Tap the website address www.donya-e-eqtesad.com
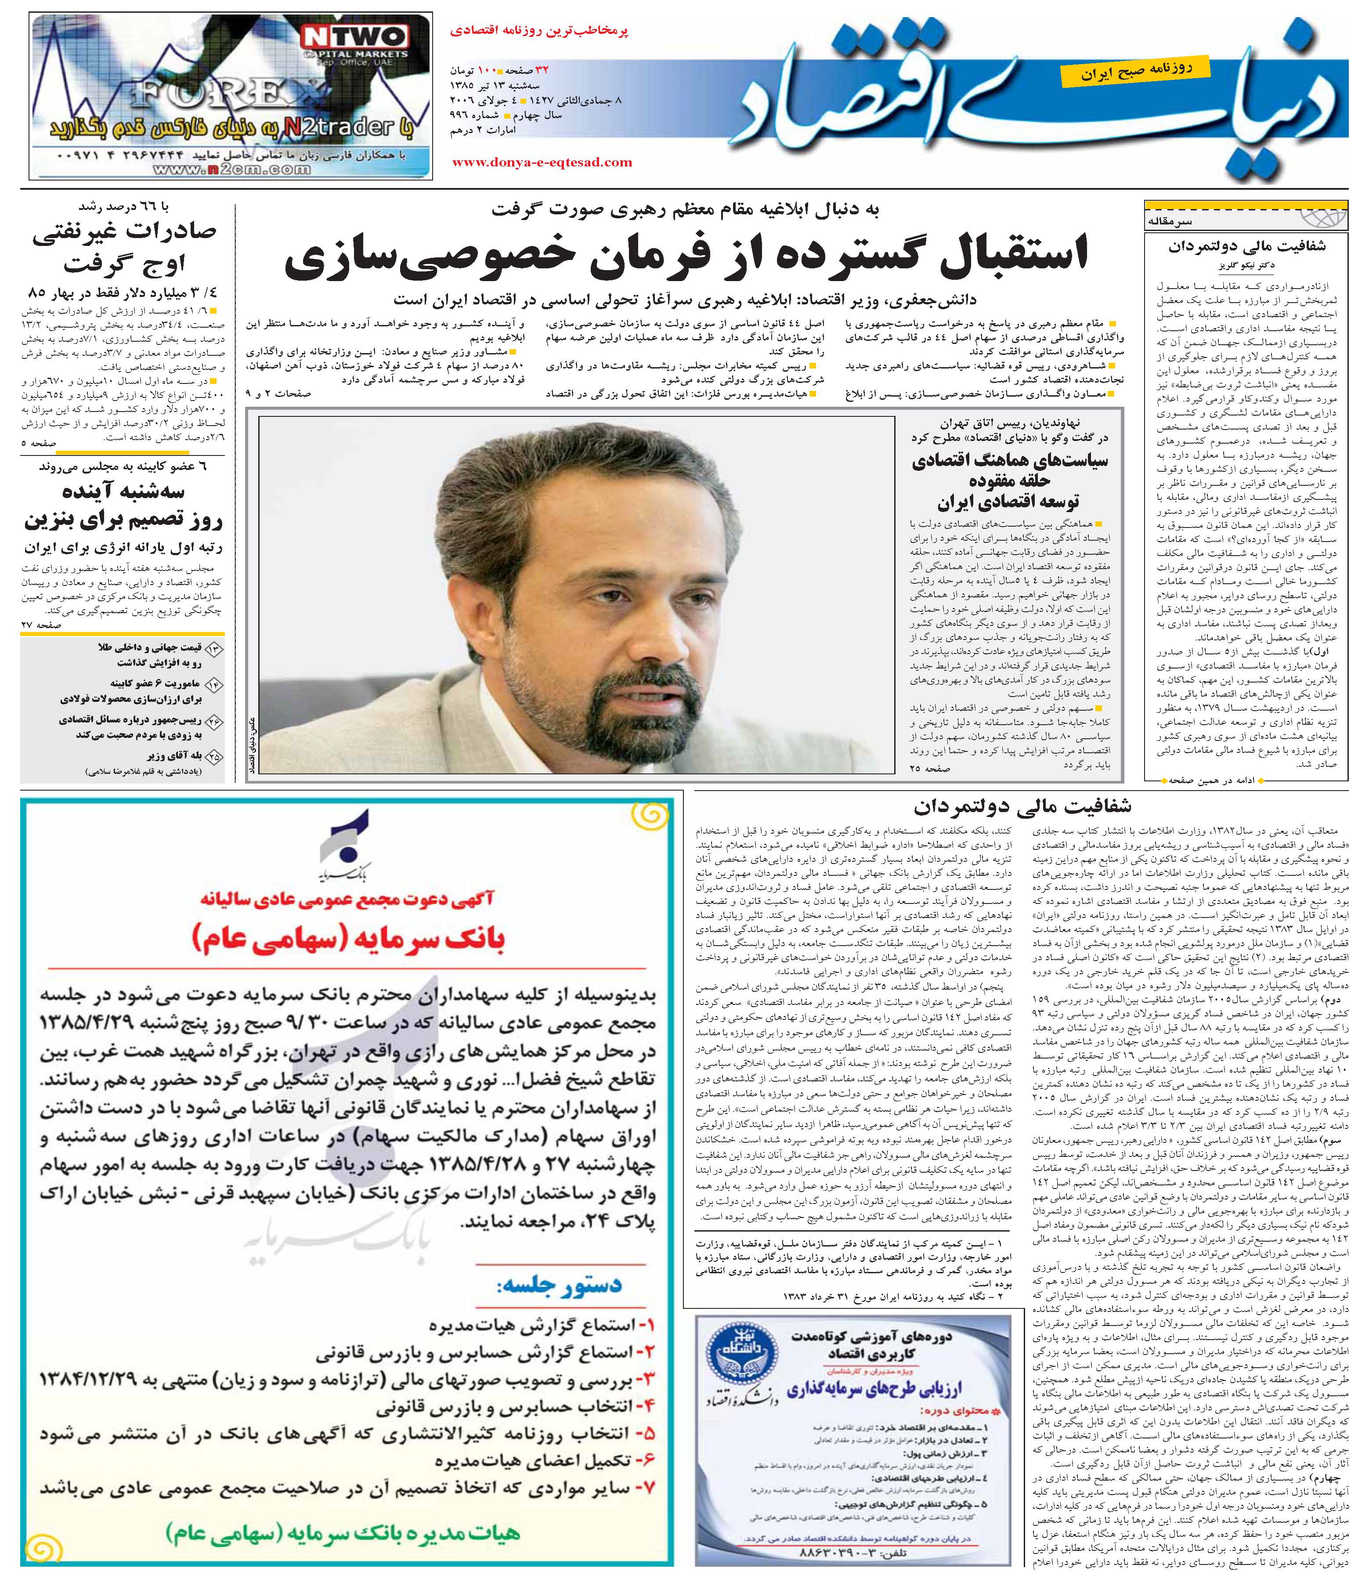(x=542, y=162)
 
